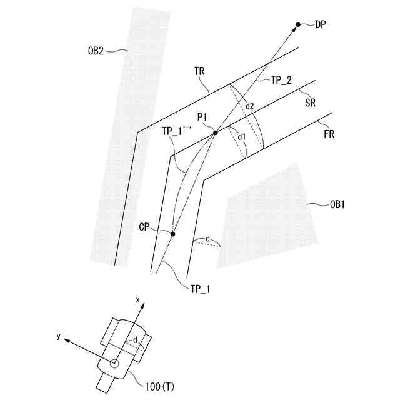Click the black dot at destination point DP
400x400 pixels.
click(298, 24)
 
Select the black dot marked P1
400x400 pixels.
click(215, 132)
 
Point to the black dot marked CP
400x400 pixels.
click(173, 234)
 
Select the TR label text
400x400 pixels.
click(200, 72)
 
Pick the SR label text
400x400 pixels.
click(310, 103)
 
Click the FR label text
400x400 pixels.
click(329, 134)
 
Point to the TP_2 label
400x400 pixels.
click(281, 80)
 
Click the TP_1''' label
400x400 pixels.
click(176, 131)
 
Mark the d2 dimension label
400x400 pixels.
click(250, 106)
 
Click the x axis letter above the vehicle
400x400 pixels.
click(138, 300)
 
